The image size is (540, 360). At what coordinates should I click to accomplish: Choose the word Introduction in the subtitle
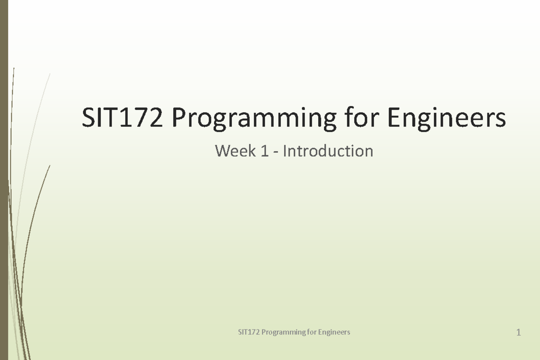pyautogui.click(x=328, y=151)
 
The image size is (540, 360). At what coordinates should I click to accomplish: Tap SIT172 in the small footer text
pyautogui.click(x=249, y=332)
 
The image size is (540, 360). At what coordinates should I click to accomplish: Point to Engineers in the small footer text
pyautogui.click(x=334, y=333)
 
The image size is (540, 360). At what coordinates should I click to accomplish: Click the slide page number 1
pyautogui.click(x=519, y=333)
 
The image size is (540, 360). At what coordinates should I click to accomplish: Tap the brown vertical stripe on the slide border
pyautogui.click(x=4, y=180)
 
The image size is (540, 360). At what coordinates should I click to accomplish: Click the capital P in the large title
pyautogui.click(x=177, y=119)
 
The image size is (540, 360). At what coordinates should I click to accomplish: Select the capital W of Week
pyautogui.click(x=223, y=151)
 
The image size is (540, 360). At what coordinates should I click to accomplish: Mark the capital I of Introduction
pyautogui.click(x=284, y=151)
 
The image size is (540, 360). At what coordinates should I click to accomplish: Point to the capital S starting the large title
pyautogui.click(x=87, y=119)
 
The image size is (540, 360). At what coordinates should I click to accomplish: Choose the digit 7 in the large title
pyautogui.click(x=135, y=119)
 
